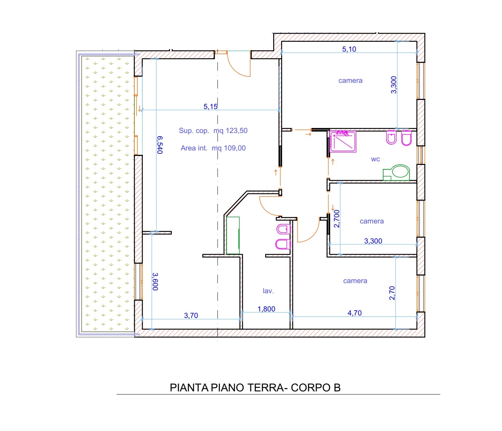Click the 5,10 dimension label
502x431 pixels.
(x=349, y=49)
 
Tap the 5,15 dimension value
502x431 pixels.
(x=210, y=106)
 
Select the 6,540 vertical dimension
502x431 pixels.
(x=159, y=145)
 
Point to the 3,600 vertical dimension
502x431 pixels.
(x=155, y=282)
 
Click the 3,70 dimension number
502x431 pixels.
(x=191, y=315)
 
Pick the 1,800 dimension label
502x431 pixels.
(x=266, y=309)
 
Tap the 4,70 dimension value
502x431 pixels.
(x=355, y=313)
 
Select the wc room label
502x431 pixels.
(x=375, y=159)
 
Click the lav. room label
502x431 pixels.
(x=268, y=291)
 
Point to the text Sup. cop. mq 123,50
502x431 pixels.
(x=213, y=130)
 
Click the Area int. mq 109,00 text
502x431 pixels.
(x=213, y=148)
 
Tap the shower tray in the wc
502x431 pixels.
(x=343, y=141)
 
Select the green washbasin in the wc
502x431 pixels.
(x=396, y=173)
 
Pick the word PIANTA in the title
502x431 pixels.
(x=189, y=388)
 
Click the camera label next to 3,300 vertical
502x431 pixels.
(x=350, y=80)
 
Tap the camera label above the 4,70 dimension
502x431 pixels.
(x=355, y=281)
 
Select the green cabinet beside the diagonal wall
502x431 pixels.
(x=233, y=235)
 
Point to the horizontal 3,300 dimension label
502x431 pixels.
(x=373, y=241)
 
